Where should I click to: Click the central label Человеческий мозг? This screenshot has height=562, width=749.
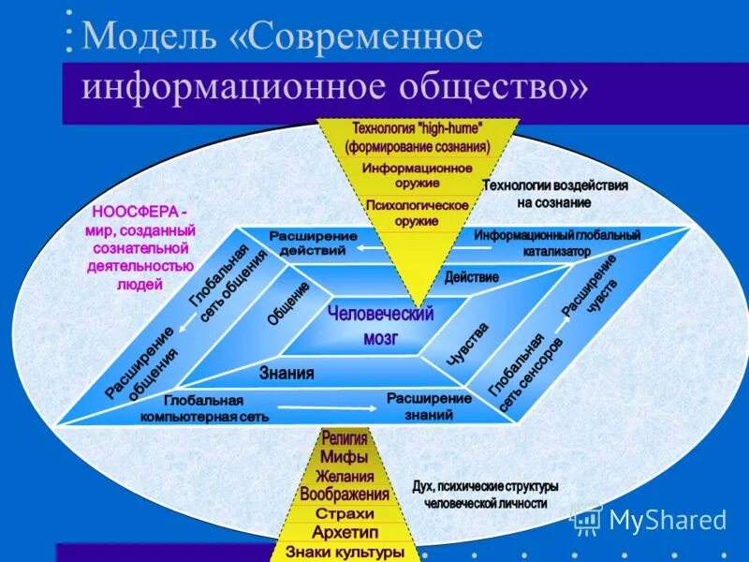pos(380,325)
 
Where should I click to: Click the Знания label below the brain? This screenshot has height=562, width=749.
pos(286,373)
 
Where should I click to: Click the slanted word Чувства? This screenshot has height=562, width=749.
pos(466,343)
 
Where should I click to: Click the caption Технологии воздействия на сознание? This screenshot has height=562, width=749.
pos(554,193)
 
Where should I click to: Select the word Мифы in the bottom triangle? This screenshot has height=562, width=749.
pos(344,457)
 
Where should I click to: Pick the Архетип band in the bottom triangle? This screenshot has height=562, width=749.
pos(345,532)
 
